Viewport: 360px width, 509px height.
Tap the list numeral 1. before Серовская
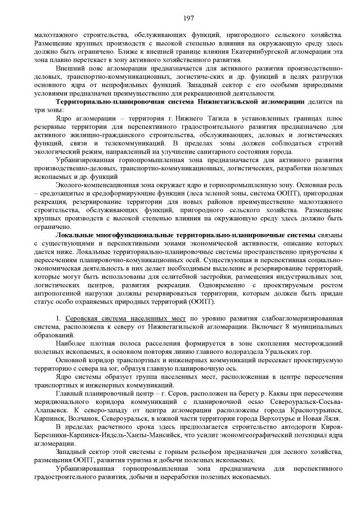pos(58,319)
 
